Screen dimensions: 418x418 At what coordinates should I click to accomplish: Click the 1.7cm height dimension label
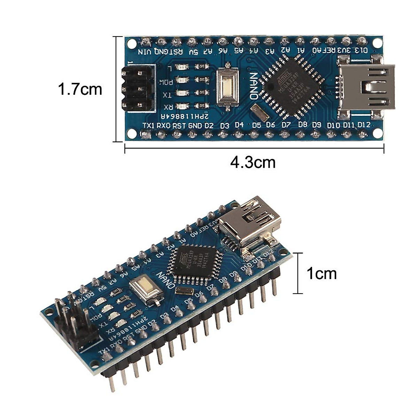pyautogui.click(x=80, y=89)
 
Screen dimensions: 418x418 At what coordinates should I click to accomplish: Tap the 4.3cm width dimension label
pyautogui.click(x=253, y=162)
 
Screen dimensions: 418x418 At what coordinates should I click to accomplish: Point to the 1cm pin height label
pyautogui.click(x=322, y=274)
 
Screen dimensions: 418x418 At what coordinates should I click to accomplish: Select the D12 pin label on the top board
pyautogui.click(x=364, y=125)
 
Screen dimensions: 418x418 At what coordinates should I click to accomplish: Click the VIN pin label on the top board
pyautogui.click(x=145, y=52)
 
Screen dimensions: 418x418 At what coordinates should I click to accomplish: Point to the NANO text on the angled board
pyautogui.click(x=165, y=281)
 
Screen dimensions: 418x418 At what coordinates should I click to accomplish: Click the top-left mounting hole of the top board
pyautogui.click(x=131, y=44)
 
